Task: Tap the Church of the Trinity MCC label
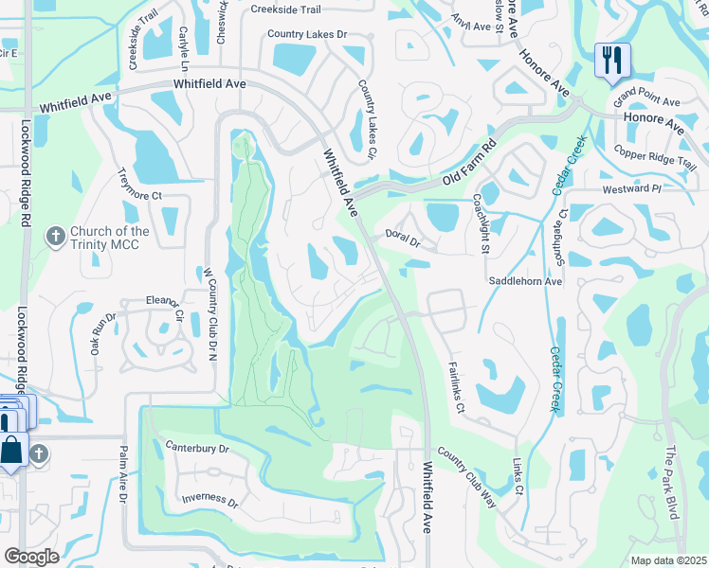[110, 238]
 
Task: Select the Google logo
[32, 557]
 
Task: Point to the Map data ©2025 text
[668, 560]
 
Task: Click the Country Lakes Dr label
[307, 34]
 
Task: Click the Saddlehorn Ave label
[525, 281]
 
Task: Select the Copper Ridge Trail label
[654, 158]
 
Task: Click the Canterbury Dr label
[198, 447]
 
